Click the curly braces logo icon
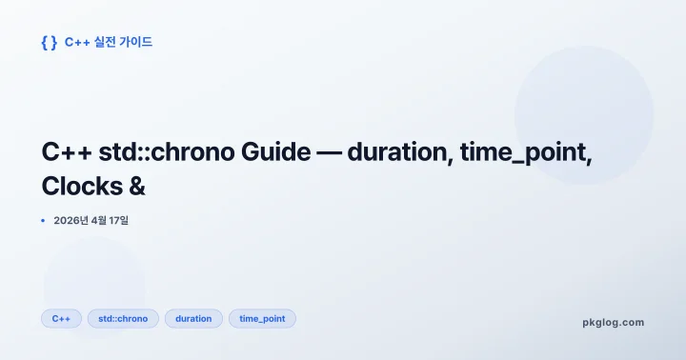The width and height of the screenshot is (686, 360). click(x=50, y=42)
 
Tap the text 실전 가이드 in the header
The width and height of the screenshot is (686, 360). click(x=122, y=42)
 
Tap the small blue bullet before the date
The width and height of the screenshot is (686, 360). click(x=44, y=221)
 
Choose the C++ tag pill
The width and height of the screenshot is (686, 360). click(x=61, y=318)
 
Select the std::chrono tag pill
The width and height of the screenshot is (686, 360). click(x=123, y=318)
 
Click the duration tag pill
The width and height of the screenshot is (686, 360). click(x=193, y=318)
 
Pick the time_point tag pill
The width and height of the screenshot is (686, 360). click(x=262, y=318)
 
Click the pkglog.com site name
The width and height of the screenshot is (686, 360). click(x=613, y=322)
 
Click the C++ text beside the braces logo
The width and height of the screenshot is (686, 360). click(x=76, y=42)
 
